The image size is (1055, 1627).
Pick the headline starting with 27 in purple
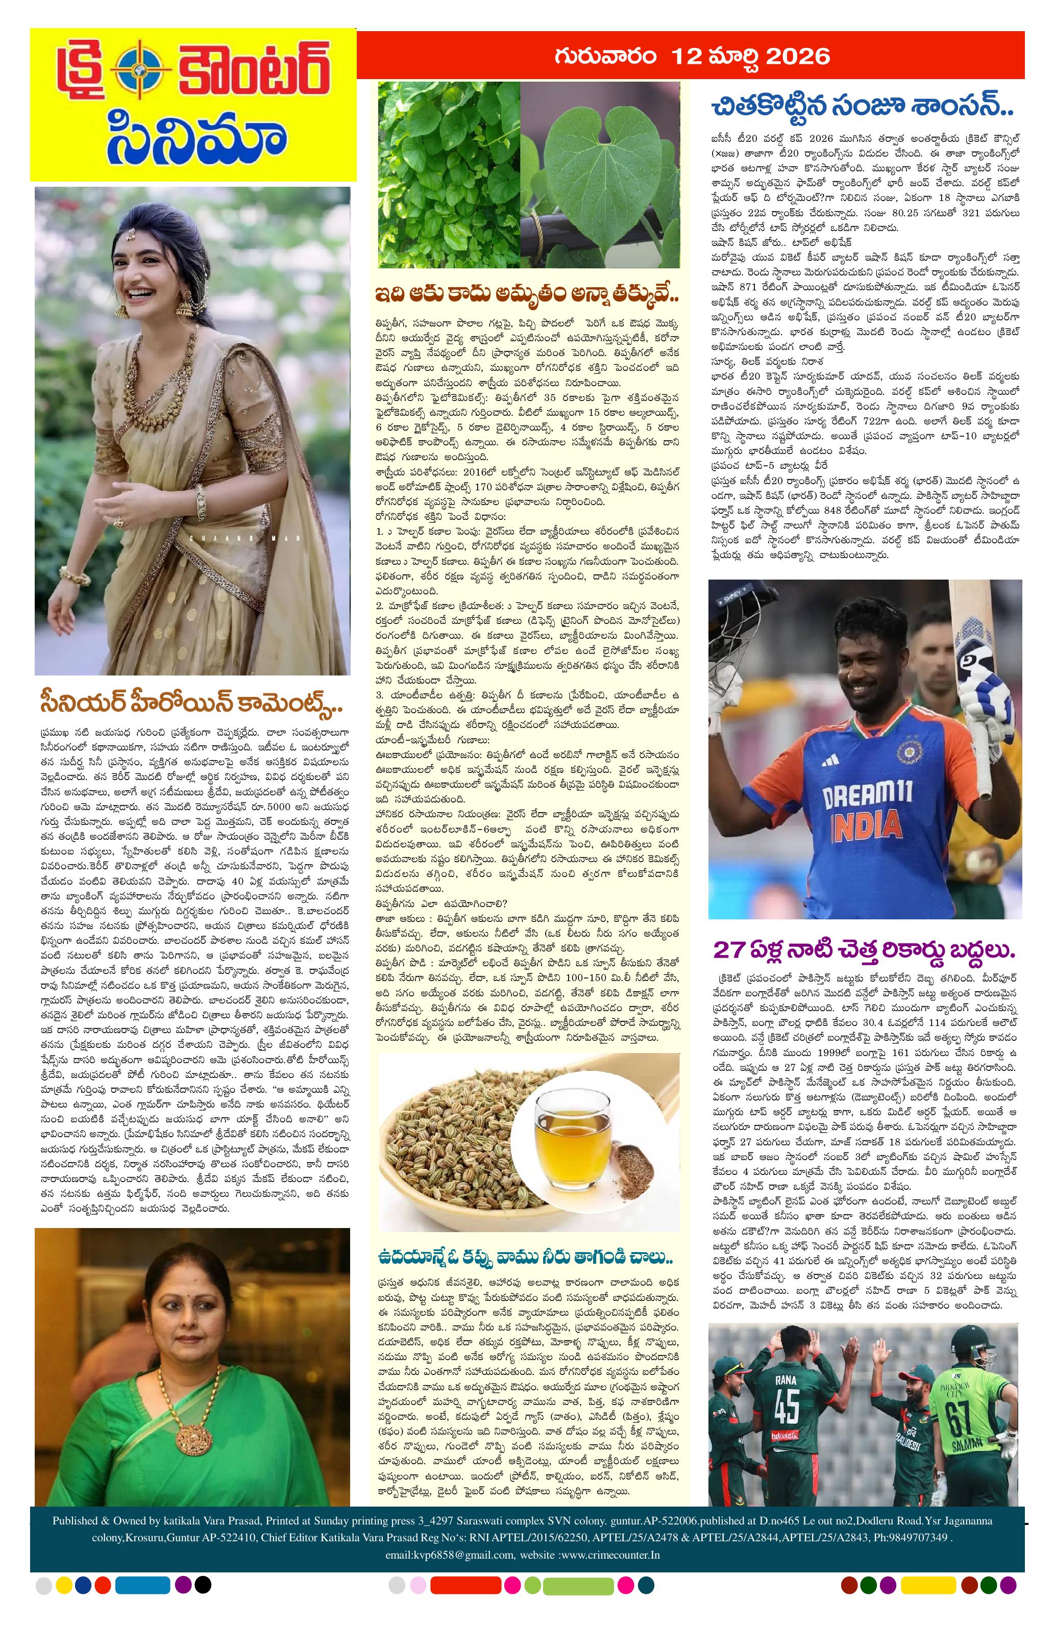tap(864, 949)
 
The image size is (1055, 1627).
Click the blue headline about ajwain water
tap(524, 1257)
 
